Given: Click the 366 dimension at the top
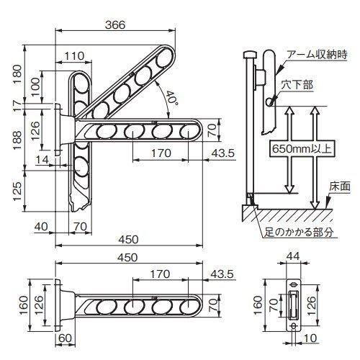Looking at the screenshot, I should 115,24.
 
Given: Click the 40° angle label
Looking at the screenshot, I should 171,99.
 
